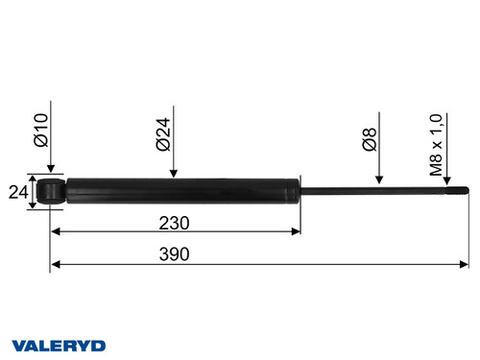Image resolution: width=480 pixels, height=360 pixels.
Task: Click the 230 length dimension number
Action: click(174, 222)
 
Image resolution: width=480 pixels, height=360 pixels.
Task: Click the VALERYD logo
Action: click(59, 345)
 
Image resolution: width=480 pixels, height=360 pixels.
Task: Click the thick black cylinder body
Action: click(182, 190)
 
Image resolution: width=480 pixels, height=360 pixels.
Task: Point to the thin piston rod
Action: click(374, 190)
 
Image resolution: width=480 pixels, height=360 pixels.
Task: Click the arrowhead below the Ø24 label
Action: click(173, 174)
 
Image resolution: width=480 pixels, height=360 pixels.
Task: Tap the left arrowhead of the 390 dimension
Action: click(55, 263)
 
